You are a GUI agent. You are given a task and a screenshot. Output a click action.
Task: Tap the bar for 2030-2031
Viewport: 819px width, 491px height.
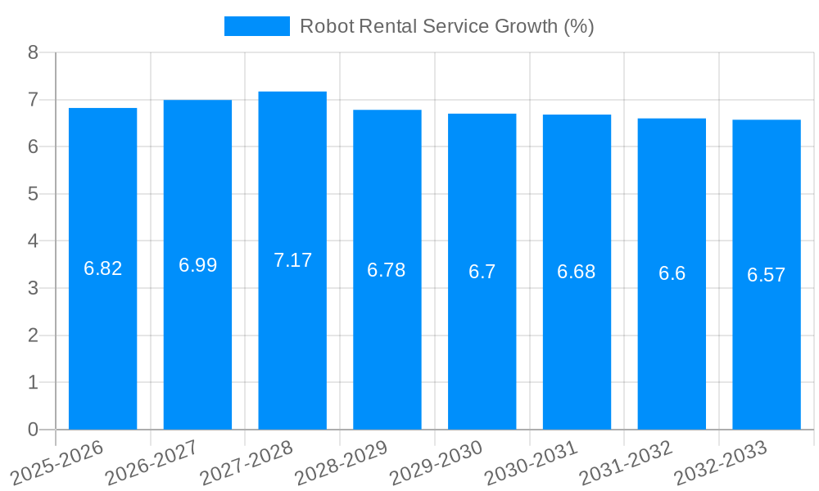tap(577, 344)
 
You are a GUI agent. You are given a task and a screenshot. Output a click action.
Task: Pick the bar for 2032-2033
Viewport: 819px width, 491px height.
tap(767, 344)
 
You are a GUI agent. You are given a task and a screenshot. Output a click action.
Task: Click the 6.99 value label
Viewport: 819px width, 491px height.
tap(197, 265)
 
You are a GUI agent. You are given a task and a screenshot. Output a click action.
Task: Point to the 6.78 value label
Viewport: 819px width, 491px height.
tap(387, 270)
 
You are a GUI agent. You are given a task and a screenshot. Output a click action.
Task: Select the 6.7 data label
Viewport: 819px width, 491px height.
tap(482, 272)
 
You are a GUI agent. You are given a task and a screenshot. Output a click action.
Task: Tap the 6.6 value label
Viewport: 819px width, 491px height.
tap(672, 273)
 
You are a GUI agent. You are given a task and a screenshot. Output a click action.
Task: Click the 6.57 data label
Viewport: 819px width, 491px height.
tap(767, 275)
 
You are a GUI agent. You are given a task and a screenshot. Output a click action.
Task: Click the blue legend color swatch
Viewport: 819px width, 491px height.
tap(256, 26)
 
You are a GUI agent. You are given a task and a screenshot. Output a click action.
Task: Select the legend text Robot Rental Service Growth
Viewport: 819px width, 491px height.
tap(446, 26)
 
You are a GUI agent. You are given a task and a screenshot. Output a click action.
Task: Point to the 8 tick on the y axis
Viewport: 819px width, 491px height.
tap(33, 52)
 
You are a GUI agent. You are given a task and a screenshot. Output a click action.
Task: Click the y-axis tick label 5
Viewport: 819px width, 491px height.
tap(33, 194)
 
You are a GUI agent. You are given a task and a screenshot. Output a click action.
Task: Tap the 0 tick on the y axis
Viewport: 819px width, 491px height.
tap(33, 430)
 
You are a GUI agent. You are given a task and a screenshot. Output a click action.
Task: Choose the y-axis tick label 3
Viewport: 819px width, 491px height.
tap(33, 288)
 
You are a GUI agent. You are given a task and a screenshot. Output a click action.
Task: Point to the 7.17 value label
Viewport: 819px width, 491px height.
tap(292, 260)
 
